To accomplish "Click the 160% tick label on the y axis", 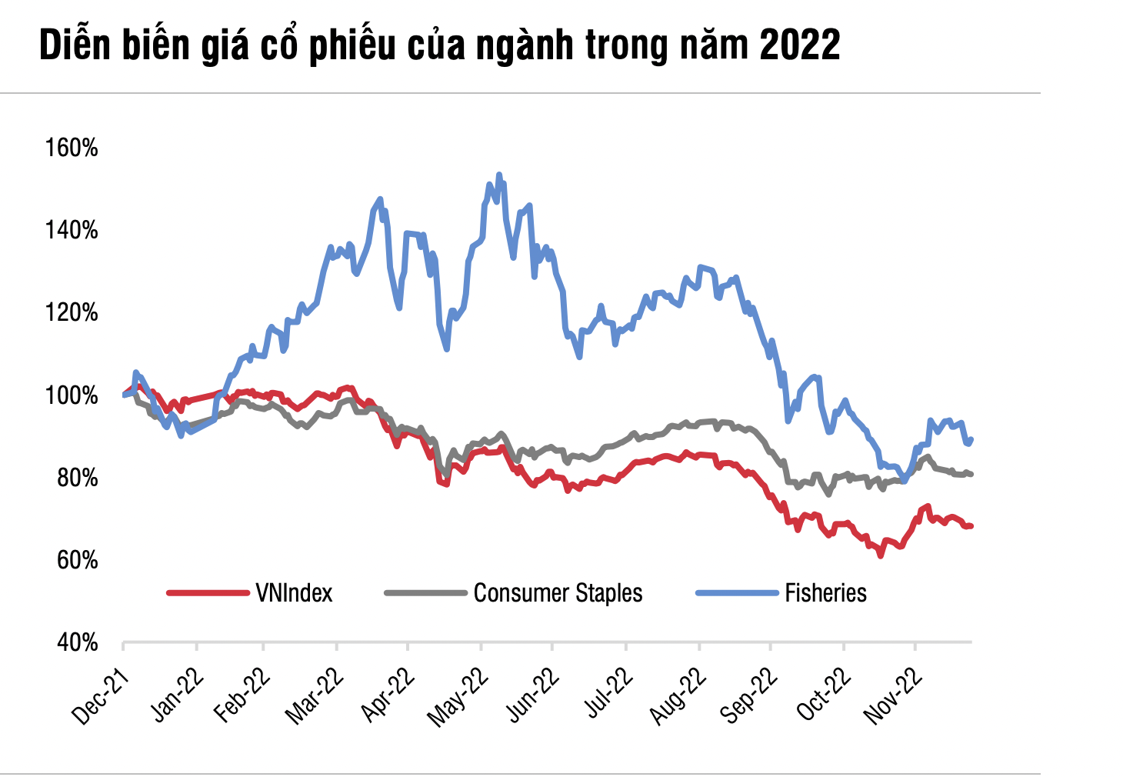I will pos(72,148).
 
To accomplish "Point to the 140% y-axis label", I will pos(72,230).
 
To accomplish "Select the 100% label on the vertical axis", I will pos(72,395).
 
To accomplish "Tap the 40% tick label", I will pos(76,642).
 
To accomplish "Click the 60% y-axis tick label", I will pos(76,560).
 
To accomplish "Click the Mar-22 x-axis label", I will pos(314,696).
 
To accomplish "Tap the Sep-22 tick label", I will pos(749,696).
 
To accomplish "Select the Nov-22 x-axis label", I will pos(892,696).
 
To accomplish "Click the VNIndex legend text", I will pos(294,593).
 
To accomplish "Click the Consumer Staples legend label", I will pos(558,593).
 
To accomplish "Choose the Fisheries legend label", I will pos(825,593).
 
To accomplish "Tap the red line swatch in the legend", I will pos(208,593).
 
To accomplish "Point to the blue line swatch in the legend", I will pos(737,593).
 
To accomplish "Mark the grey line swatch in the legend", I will pos(425,593).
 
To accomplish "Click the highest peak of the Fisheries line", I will pos(499,175).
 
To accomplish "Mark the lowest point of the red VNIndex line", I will pos(881,555).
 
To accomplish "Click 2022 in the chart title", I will pos(799,46).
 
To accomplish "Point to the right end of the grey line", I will pos(971,474).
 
